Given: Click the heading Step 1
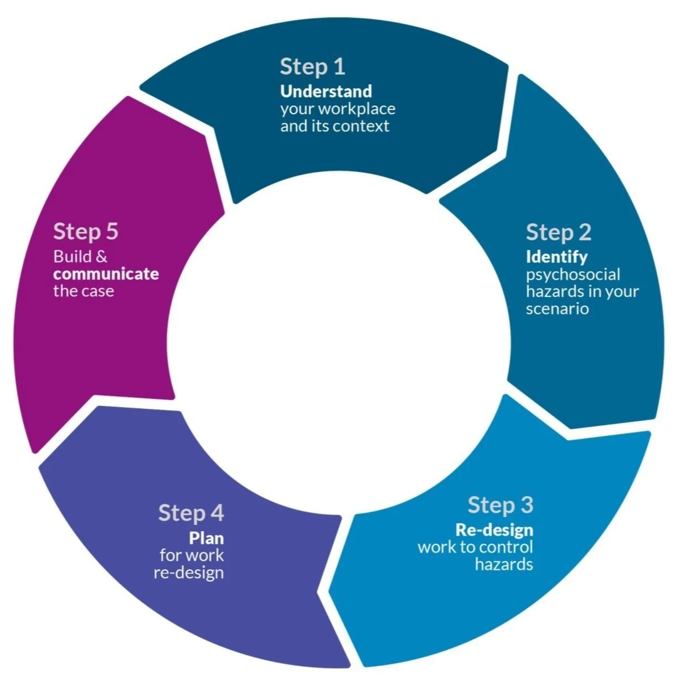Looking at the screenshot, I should click(312, 67).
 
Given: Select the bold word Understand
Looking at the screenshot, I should click(326, 91).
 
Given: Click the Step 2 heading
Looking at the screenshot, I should click(558, 233).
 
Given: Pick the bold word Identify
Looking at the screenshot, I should click(556, 257).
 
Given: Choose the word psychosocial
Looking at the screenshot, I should click(572, 275).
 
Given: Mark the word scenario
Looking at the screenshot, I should click(557, 309).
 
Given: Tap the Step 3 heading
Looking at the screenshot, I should click(500, 505).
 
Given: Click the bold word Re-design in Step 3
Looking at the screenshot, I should click(494, 530).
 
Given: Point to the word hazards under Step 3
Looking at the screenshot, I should click(504, 565).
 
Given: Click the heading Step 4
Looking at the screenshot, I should click(190, 513).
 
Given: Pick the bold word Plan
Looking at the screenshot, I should click(206, 538).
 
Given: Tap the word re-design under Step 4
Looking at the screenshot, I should click(188, 572).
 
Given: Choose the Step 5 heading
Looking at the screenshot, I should click(86, 231).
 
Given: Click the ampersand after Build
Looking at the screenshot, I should click(101, 257).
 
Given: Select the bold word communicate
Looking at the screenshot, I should click(106, 274).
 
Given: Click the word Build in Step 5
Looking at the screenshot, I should click(72, 257).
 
